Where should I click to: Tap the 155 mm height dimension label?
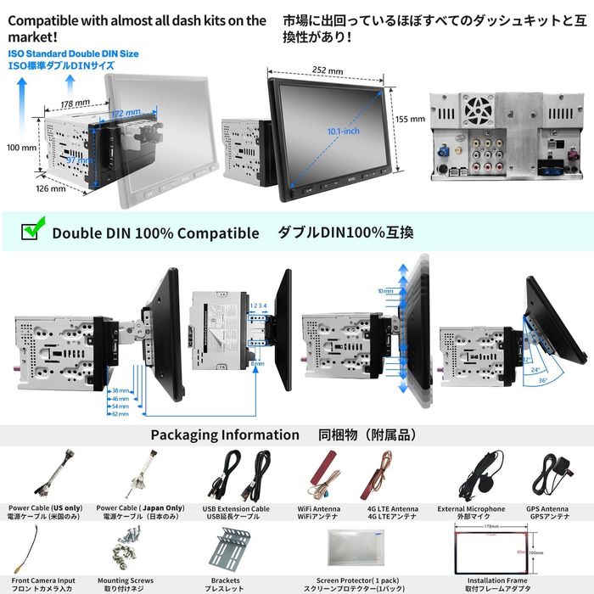click(411, 119)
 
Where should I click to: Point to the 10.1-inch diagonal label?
click(342, 131)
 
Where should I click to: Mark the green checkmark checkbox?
click(31, 231)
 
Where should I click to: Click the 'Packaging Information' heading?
click(225, 434)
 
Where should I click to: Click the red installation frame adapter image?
click(496, 552)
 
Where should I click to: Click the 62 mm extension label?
click(120, 413)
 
